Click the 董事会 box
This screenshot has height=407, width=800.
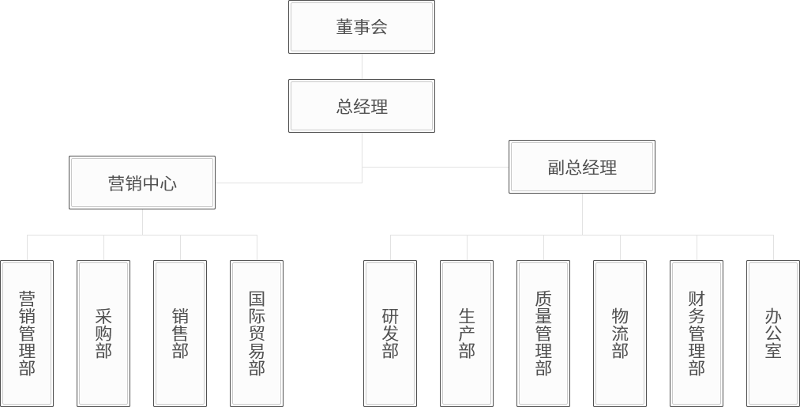click(x=361, y=27)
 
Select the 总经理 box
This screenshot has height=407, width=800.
click(x=361, y=106)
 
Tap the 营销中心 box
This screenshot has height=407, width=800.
click(x=142, y=183)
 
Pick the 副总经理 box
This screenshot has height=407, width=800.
click(x=582, y=167)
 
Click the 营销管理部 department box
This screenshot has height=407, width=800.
click(x=27, y=333)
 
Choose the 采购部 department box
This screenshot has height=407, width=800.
click(x=103, y=333)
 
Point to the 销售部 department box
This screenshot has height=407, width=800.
click(x=180, y=333)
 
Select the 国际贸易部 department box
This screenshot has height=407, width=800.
click(x=257, y=333)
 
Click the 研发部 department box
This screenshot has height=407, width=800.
click(x=390, y=333)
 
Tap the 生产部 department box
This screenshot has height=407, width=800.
click(x=467, y=333)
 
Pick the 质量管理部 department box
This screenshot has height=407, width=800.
click(x=543, y=333)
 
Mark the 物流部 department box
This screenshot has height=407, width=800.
click(x=620, y=333)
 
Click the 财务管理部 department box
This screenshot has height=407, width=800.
click(x=697, y=333)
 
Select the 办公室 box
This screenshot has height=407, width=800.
click(x=773, y=333)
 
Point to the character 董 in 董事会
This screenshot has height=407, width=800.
click(x=344, y=28)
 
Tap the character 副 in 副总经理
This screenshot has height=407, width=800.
click(x=556, y=168)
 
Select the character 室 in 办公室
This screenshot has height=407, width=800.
click(x=773, y=351)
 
